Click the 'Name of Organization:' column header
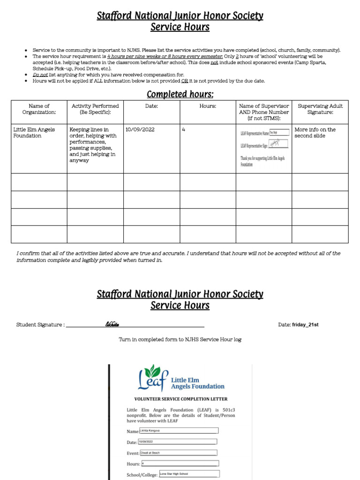click(x=39, y=109)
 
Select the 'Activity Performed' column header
click(x=95, y=109)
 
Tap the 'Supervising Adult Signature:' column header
click(x=320, y=109)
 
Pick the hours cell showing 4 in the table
click(x=183, y=130)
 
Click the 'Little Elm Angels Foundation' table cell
click(x=34, y=133)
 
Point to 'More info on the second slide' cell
click(x=315, y=133)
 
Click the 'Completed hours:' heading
click(x=180, y=95)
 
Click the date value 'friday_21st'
click(x=305, y=325)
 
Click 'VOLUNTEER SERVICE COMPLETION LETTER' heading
click(x=181, y=399)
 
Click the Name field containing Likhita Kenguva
click(x=179, y=430)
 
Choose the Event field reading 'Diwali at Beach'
click(x=178, y=453)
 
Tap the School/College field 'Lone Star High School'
click(x=189, y=474)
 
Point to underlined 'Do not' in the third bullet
click(x=40, y=75)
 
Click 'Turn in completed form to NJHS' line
click(x=180, y=339)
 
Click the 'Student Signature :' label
click(x=40, y=325)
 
